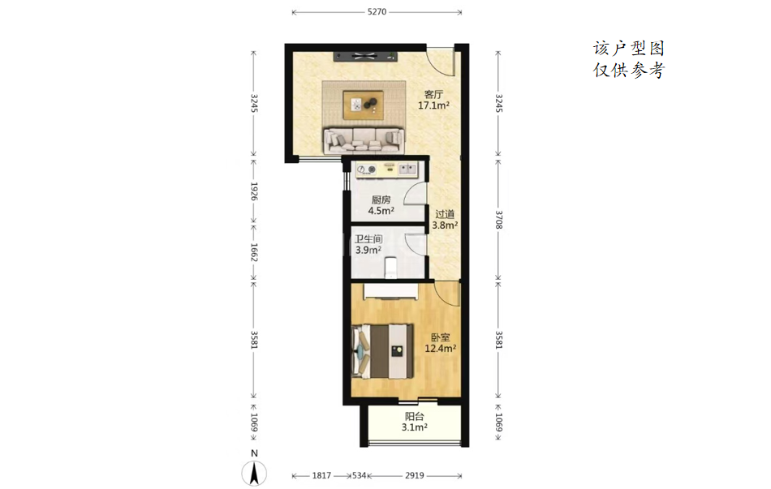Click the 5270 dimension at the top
pos(377,12)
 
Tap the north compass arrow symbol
pos(254,474)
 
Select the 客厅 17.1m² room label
pos(433,99)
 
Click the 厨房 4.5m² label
pos(381,205)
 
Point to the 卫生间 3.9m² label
pos(368,244)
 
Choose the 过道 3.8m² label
pos(445,220)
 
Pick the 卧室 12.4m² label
pos(441,343)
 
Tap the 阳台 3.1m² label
pos(415,422)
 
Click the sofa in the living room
pos(364,140)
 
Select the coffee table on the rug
pos(364,105)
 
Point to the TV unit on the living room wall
pos(365,56)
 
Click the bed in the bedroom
pos(383,351)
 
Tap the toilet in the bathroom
pos(390,268)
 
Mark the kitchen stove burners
pos(367,169)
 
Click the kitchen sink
pos(407,169)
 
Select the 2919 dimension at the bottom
pos(415,475)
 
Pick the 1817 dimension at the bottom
pos(321,475)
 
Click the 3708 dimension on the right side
pos(498,220)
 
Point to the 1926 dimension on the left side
pos(254,191)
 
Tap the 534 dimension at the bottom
pos(359,475)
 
